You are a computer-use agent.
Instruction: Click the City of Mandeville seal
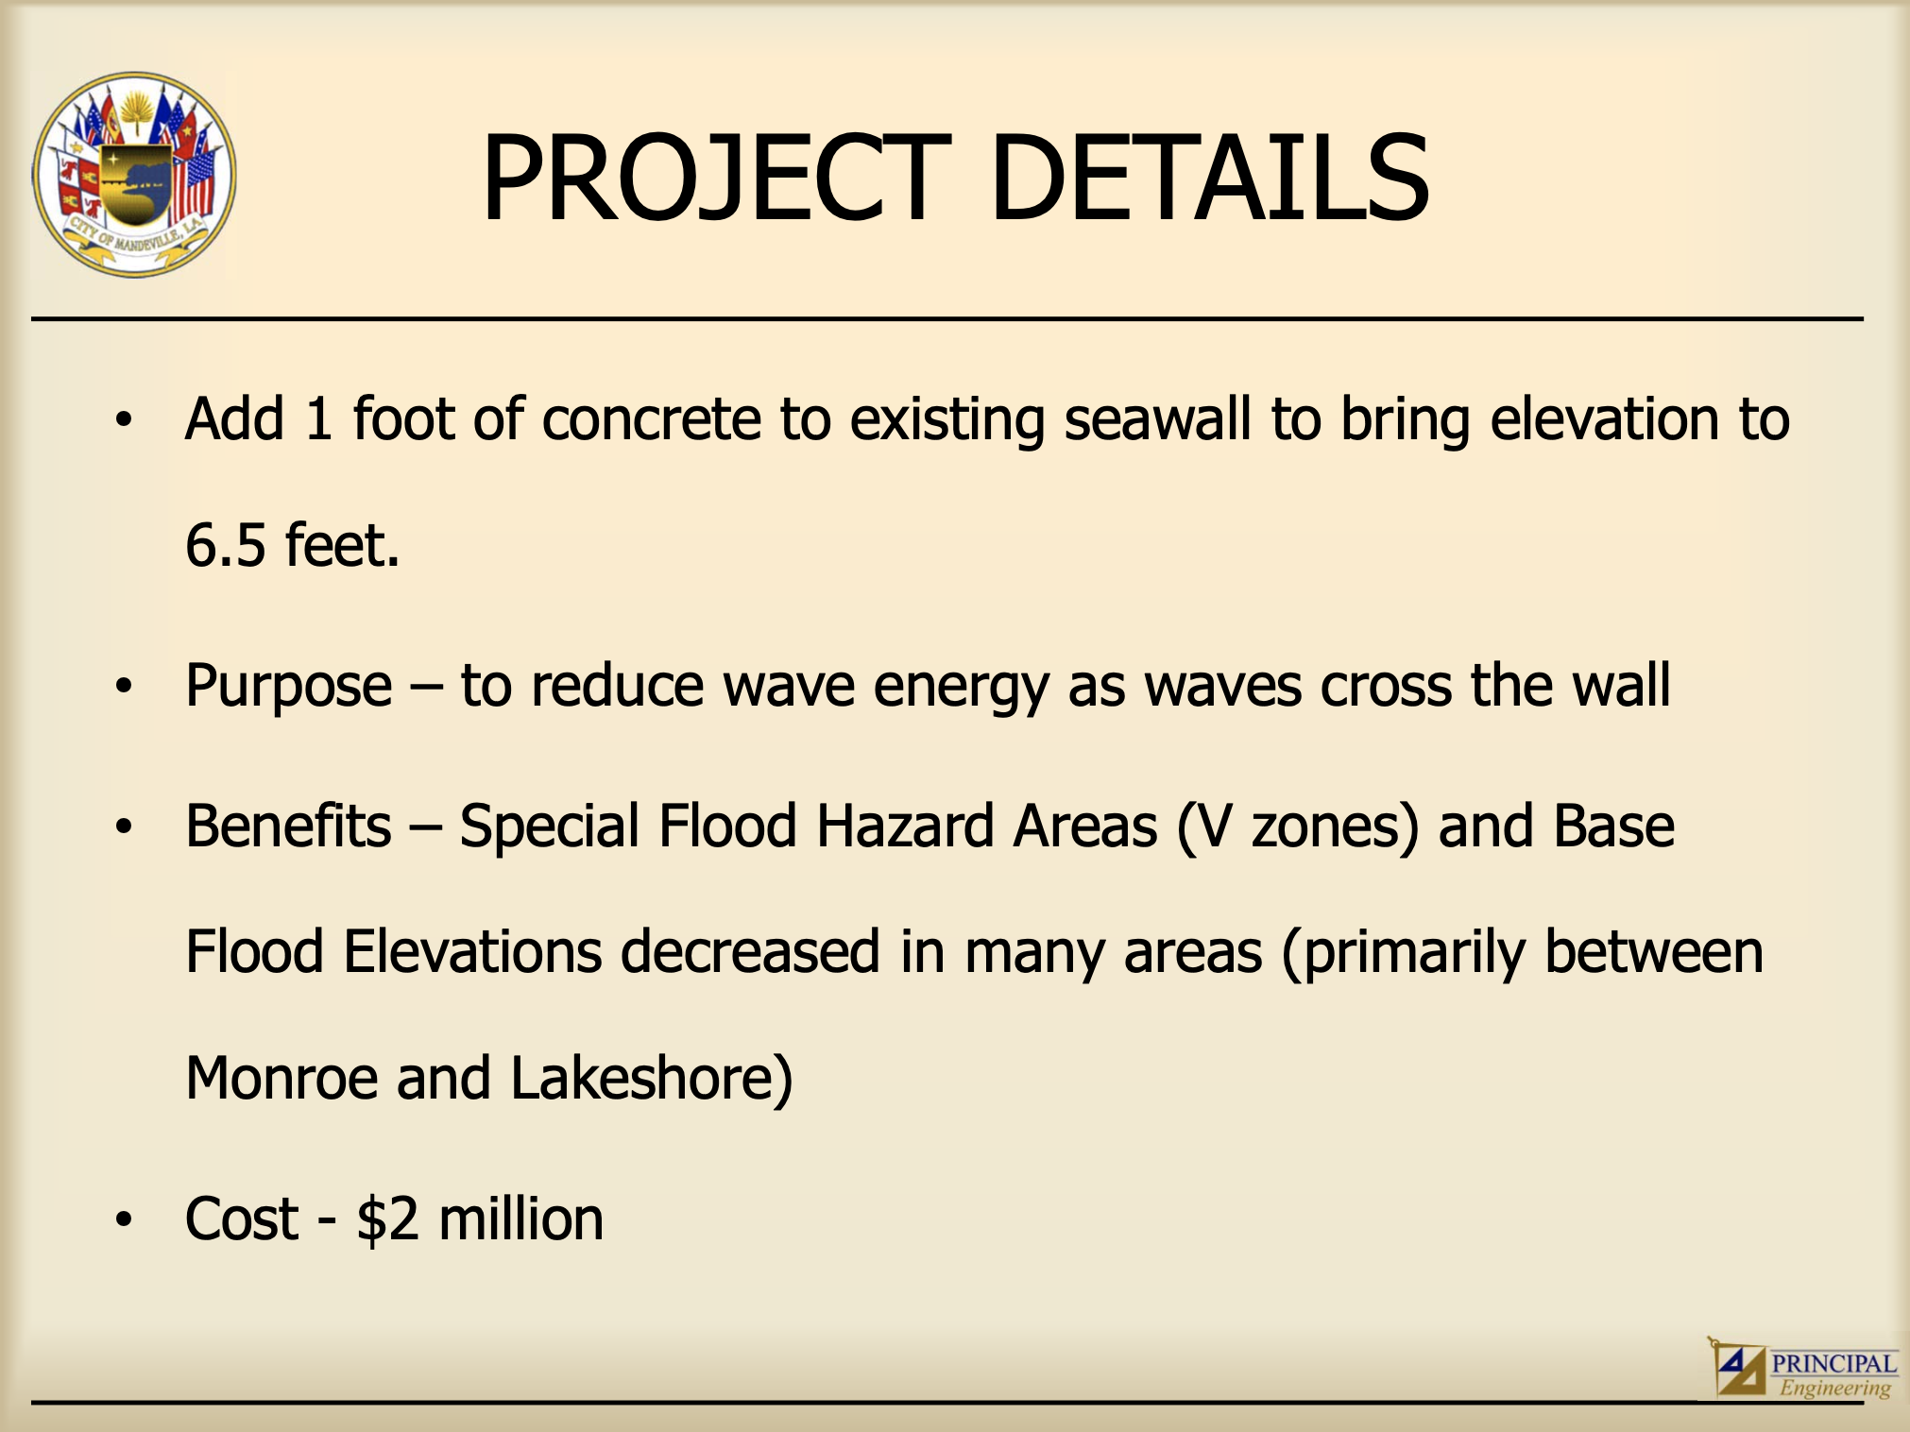pyautogui.click(x=134, y=175)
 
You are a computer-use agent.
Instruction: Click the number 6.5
pyautogui.click(x=226, y=545)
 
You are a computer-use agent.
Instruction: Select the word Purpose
pyautogui.click(x=288, y=686)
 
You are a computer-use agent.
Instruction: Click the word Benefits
pyautogui.click(x=288, y=826)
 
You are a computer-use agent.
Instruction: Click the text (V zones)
pyautogui.click(x=1297, y=827)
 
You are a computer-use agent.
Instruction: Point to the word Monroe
pyautogui.click(x=281, y=1078)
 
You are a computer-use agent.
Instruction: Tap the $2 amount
pyautogui.click(x=387, y=1219)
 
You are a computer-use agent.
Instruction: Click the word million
pyautogui.click(x=520, y=1219)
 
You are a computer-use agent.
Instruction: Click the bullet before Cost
pyautogui.click(x=124, y=1219)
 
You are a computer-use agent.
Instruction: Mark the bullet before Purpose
pyautogui.click(x=124, y=687)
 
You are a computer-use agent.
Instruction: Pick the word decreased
pyautogui.click(x=750, y=951)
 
